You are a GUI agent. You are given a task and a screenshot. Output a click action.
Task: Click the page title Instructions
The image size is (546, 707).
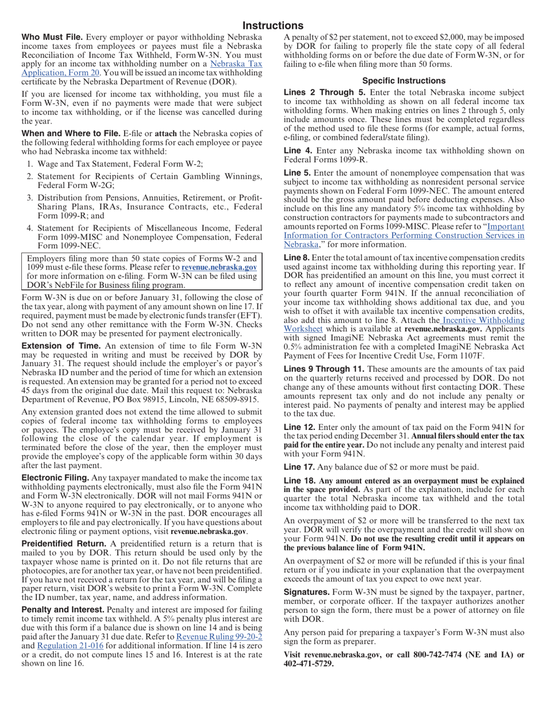tap(272, 26)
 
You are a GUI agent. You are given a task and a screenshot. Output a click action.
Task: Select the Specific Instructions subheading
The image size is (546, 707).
tap(403, 81)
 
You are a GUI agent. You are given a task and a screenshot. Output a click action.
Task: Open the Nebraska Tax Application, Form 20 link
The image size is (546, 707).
tap(141, 68)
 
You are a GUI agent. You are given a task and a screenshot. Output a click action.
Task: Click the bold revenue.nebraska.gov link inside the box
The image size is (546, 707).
tap(219, 267)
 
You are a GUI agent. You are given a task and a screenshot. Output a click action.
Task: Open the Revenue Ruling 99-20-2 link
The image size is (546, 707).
tap(219, 637)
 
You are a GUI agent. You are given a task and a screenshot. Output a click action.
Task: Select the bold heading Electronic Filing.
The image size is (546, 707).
tap(55, 478)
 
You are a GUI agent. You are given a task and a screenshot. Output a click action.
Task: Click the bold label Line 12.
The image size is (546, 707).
tap(299, 427)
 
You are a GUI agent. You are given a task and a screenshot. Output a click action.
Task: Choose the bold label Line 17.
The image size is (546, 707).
tap(299, 467)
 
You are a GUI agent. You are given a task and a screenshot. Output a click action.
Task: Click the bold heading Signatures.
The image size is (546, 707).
tap(307, 592)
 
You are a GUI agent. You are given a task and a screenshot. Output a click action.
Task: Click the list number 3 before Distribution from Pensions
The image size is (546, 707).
tap(30, 198)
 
